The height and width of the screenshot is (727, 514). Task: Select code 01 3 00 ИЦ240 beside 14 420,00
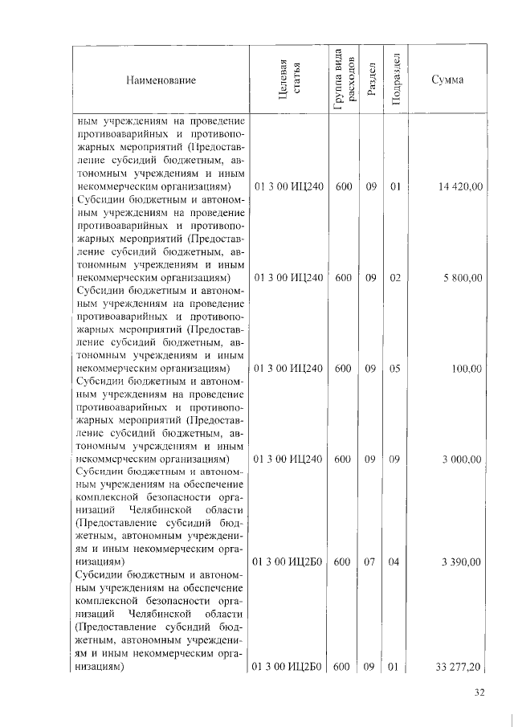pos(288,186)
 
